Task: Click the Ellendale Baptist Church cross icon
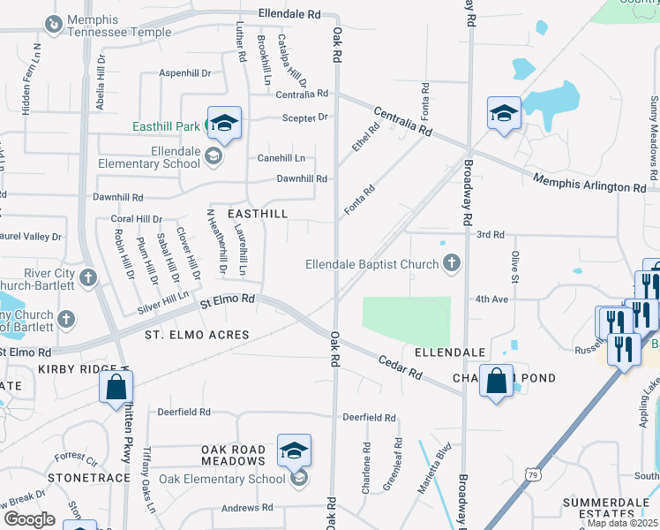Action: (x=452, y=262)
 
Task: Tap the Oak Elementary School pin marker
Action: (x=294, y=452)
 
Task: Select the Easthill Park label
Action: (x=167, y=126)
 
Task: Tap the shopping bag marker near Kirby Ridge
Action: (x=116, y=387)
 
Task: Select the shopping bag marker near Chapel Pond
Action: (x=497, y=381)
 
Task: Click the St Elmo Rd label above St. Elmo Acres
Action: (x=227, y=300)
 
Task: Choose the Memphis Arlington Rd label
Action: (x=589, y=184)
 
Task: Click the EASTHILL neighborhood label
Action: (x=258, y=214)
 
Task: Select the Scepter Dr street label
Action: (x=304, y=117)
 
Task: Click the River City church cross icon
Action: (x=86, y=279)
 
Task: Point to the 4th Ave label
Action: (x=491, y=299)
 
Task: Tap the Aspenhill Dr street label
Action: (x=185, y=73)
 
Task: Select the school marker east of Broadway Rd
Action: (x=505, y=113)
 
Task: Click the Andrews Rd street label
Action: (x=247, y=508)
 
